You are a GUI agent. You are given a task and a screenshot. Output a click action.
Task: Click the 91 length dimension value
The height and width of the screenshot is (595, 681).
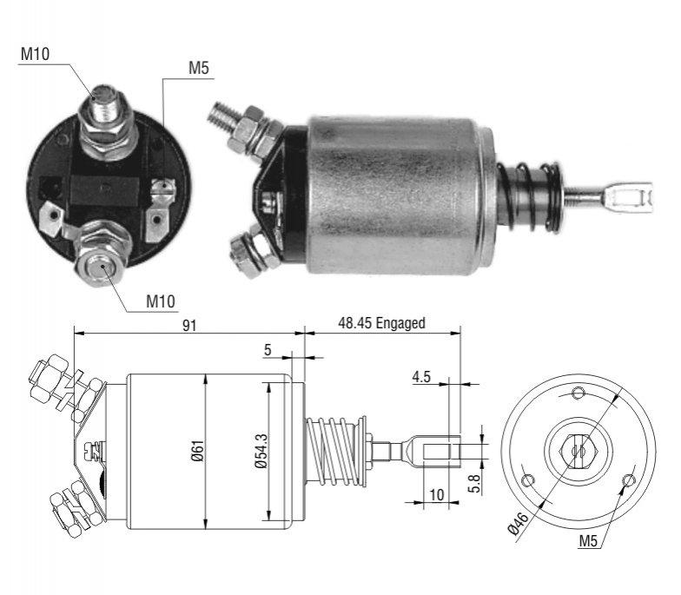point(189,326)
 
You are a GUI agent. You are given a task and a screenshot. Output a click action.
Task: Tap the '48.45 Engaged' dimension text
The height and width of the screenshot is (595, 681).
point(381,323)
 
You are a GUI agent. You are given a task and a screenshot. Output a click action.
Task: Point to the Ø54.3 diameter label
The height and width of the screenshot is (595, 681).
point(261,451)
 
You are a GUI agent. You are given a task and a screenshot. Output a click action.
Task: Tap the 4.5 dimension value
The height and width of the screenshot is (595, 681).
point(420,377)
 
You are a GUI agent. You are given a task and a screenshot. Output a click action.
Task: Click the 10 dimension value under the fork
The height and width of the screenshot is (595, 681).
point(436,495)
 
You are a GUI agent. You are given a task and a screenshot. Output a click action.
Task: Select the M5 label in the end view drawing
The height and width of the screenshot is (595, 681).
point(588,541)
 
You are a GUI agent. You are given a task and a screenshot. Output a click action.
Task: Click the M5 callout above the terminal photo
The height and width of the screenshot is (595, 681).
point(198,68)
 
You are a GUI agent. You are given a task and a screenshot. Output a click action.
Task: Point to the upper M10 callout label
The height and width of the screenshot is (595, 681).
point(35,54)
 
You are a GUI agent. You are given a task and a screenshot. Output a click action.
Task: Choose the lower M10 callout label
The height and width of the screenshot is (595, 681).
point(161,301)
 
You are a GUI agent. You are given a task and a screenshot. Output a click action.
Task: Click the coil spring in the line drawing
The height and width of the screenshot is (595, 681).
point(334,452)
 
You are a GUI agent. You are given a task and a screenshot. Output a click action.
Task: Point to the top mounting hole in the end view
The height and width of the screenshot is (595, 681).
point(579,393)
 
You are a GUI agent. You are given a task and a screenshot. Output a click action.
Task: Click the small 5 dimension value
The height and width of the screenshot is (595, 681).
point(268,350)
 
